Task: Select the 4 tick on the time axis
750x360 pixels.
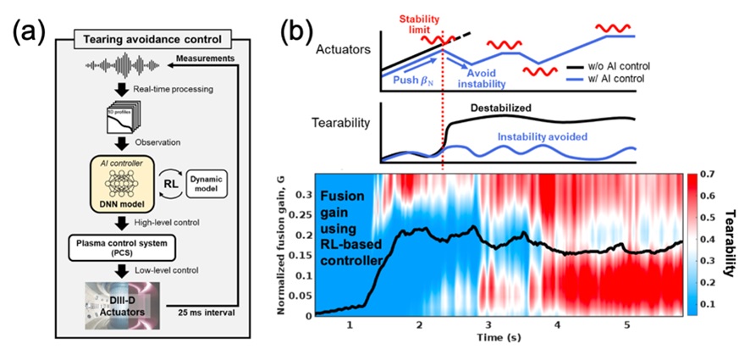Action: coord(555,325)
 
